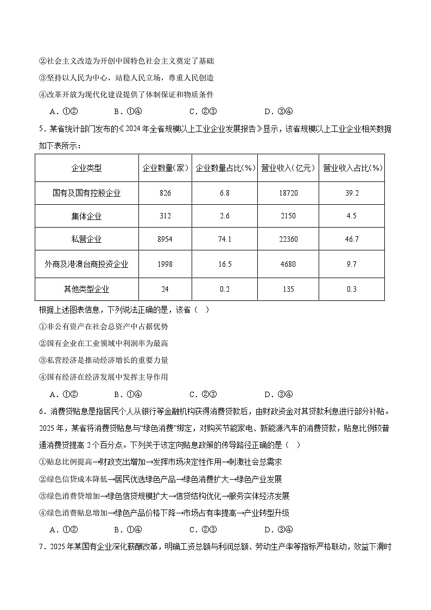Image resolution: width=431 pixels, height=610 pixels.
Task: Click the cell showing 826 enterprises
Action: point(165,193)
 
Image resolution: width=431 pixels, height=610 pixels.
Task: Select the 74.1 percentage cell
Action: point(225,239)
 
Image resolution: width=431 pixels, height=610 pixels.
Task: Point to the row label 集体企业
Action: point(86,216)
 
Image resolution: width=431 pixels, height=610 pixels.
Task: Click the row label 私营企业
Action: point(86,239)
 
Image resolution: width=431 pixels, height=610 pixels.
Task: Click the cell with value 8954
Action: point(165,239)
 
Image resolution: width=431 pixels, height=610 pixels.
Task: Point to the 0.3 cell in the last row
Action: point(352,289)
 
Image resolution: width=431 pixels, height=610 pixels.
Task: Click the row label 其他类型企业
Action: point(86,289)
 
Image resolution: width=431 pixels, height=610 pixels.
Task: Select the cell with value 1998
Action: point(165,265)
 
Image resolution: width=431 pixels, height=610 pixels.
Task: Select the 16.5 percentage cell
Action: point(225,265)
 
